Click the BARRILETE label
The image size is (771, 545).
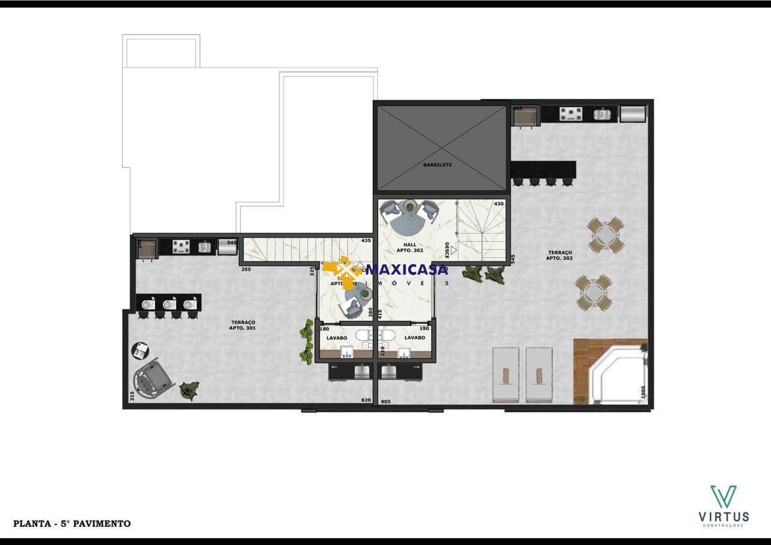pyautogui.click(x=438, y=165)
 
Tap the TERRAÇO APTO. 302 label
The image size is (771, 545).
pyautogui.click(x=559, y=255)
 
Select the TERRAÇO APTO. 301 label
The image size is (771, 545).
pyautogui.click(x=242, y=325)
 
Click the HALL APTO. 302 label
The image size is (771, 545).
pyautogui.click(x=410, y=247)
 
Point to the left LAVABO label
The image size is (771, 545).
pyautogui.click(x=337, y=337)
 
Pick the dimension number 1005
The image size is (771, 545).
pyautogui.click(x=642, y=393)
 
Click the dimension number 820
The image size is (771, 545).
pyautogui.click(x=366, y=401)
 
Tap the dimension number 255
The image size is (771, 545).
pyautogui.click(x=245, y=270)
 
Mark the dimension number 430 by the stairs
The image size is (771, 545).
pyautogui.click(x=499, y=204)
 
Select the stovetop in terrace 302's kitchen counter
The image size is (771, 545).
pyautogui.click(x=571, y=114)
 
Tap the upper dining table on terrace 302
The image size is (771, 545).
pyautogui.click(x=605, y=235)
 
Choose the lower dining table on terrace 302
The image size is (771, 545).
pyautogui.click(x=594, y=293)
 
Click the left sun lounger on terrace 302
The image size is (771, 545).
pyautogui.click(x=505, y=375)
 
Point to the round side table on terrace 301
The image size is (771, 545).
pyautogui.click(x=141, y=350)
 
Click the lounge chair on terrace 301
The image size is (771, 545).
pyautogui.click(x=153, y=380)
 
